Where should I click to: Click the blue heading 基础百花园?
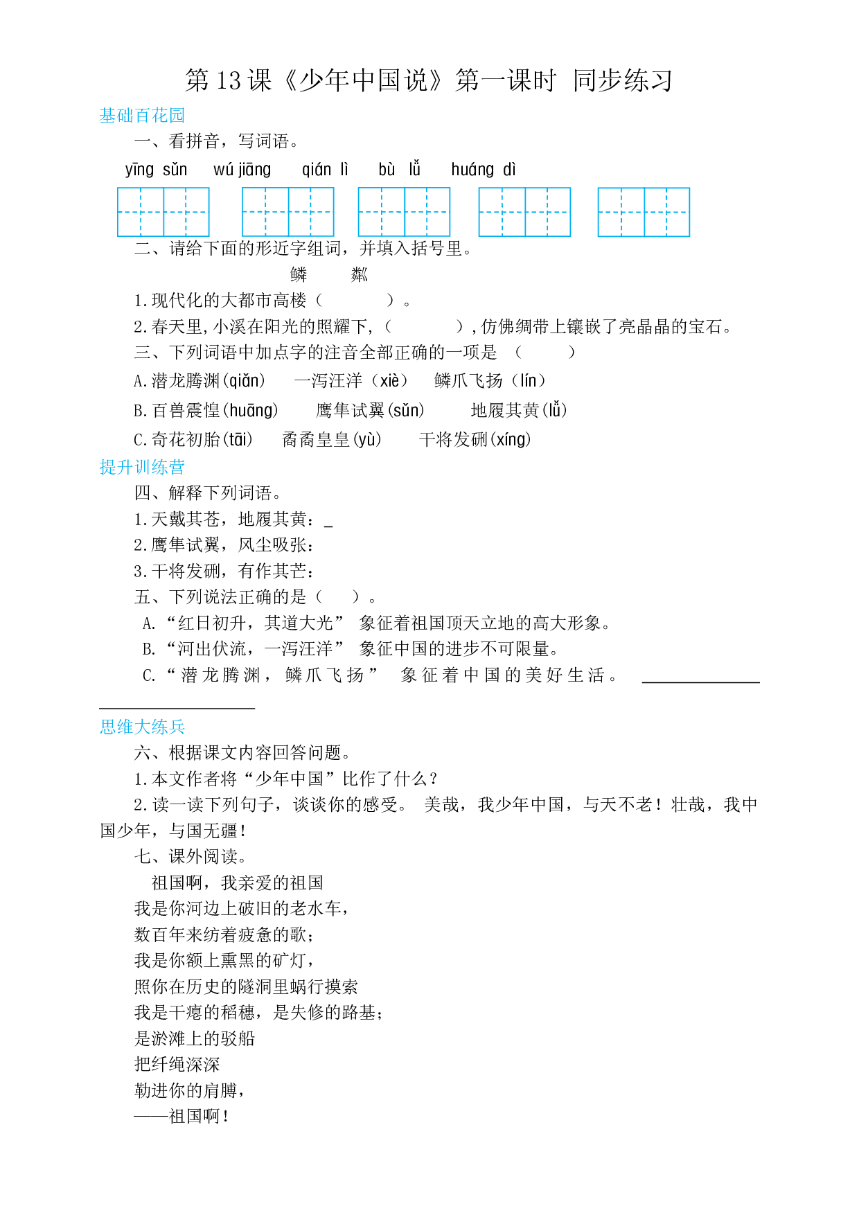[x=142, y=116]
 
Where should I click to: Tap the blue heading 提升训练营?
[x=142, y=467]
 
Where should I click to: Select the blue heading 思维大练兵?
[x=142, y=727]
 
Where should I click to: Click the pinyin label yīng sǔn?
[x=156, y=170]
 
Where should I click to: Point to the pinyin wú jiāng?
[x=242, y=170]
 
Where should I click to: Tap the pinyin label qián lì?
[x=325, y=170]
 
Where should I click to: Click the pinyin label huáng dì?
[x=484, y=170]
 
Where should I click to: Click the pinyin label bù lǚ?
[x=399, y=170]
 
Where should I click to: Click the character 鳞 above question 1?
[x=299, y=275]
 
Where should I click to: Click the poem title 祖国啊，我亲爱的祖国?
[x=238, y=883]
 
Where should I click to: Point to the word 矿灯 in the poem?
[x=290, y=960]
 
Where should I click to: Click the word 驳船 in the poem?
[x=238, y=1038]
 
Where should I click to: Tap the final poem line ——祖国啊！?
[x=181, y=1116]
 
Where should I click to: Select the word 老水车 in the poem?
[x=315, y=908]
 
